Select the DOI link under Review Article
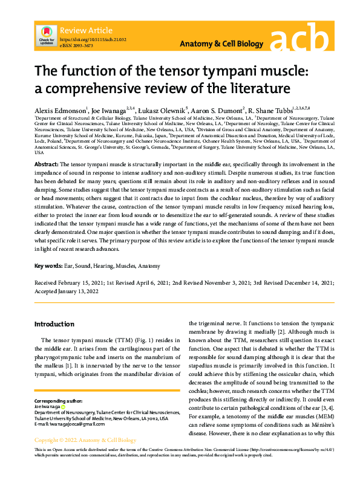[93, 39]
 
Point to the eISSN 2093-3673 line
[76, 45]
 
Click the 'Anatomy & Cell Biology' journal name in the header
[222, 44]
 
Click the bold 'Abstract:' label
[47, 164]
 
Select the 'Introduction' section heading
[54, 324]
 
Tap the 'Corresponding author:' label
[58, 401]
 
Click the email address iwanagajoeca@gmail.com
[78, 423]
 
